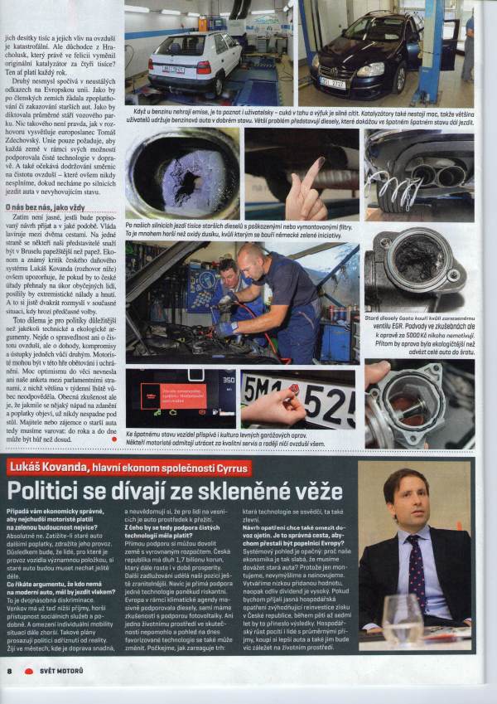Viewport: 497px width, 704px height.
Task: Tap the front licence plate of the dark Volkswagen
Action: pyautogui.click(x=333, y=84)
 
